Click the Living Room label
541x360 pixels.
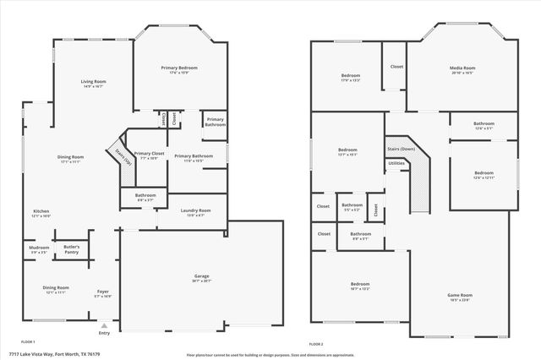pos(93,82)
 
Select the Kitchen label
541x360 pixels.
pos(41,211)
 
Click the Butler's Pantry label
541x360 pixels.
pos(71,249)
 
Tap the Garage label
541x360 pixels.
pos(201,277)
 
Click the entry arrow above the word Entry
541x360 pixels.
pos(104,324)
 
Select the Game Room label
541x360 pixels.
pos(459,295)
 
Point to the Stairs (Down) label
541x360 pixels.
pos(401,149)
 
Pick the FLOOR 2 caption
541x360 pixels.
pos(315,344)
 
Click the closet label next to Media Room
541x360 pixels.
pos(396,66)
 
